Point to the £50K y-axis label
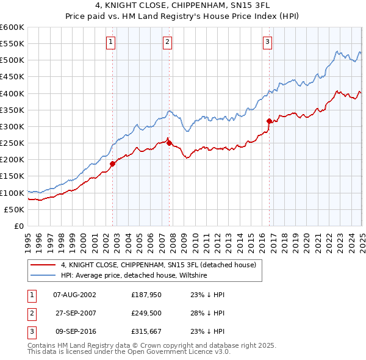tap(14, 209)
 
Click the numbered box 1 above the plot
tap(110, 42)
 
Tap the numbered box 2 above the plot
tap(167, 42)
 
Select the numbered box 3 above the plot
tap(267, 42)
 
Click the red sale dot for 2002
tap(113, 164)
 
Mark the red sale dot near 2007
tap(169, 143)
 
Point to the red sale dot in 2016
tap(269, 121)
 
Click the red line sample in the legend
tap(43, 265)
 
